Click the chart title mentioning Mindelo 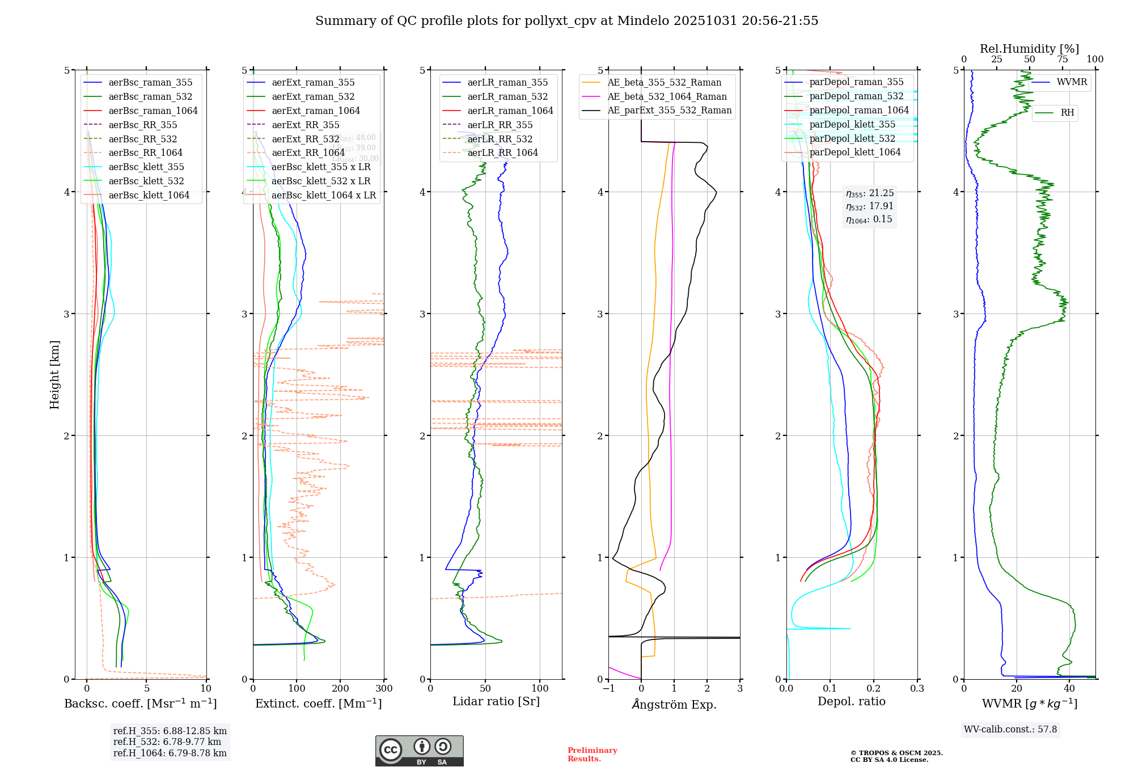(566, 21)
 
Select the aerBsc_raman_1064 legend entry (153, 111)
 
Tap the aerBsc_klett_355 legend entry (146, 167)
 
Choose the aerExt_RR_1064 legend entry (308, 152)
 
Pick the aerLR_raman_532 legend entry (507, 96)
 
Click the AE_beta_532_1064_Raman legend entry (667, 96)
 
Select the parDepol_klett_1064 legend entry (854, 152)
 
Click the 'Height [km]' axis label (54, 375)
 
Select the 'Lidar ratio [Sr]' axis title (496, 702)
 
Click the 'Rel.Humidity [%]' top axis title (1029, 49)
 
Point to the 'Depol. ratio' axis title (851, 702)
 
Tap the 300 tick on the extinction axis (384, 689)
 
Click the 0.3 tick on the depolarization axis (917, 689)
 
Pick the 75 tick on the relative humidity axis (1062, 60)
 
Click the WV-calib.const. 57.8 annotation (1010, 730)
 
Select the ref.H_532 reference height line (167, 742)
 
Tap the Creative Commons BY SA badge (419, 751)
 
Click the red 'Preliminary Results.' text (592, 755)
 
